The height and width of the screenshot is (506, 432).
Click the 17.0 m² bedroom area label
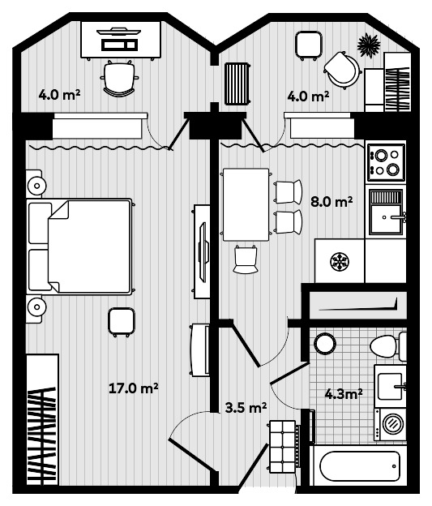pyautogui.click(x=133, y=388)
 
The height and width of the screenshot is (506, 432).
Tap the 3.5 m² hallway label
pyautogui.click(x=245, y=407)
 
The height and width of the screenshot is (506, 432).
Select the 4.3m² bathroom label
pyautogui.click(x=343, y=394)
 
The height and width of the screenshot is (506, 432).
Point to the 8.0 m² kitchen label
pyautogui.click(x=332, y=201)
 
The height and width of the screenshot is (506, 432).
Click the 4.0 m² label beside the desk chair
pyautogui.click(x=59, y=95)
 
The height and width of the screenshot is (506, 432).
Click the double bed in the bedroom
pyautogui.click(x=81, y=246)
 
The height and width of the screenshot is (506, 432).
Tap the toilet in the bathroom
pyautogui.click(x=387, y=348)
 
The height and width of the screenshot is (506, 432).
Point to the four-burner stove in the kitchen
pyautogui.click(x=385, y=161)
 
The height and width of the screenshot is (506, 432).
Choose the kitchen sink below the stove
pyautogui.click(x=386, y=212)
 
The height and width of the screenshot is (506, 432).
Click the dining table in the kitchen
pyautogui.click(x=246, y=204)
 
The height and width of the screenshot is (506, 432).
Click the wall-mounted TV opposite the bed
pyautogui.click(x=202, y=251)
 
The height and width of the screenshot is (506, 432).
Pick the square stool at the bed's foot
pyautogui.click(x=121, y=321)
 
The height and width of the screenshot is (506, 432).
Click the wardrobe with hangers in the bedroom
pyautogui.click(x=41, y=419)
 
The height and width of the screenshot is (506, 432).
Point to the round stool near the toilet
pyautogui.click(x=324, y=343)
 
